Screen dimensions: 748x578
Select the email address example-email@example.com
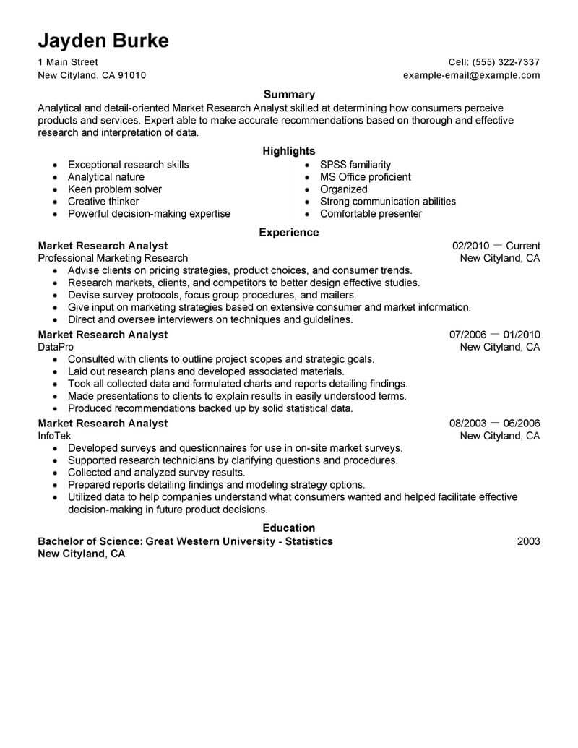(x=471, y=75)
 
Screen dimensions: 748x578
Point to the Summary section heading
(x=289, y=94)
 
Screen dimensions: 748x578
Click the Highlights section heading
(x=289, y=151)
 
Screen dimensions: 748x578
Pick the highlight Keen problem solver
(x=114, y=189)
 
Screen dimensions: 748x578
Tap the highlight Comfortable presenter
(x=371, y=214)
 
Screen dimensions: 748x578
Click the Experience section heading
(x=289, y=233)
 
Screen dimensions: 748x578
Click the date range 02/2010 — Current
(x=496, y=246)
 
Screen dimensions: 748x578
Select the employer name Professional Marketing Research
(x=113, y=258)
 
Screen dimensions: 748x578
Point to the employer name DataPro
(x=55, y=347)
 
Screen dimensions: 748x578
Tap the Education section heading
(x=289, y=528)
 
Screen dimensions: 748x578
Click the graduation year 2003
(x=528, y=541)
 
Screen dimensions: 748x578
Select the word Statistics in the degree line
(x=307, y=541)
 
